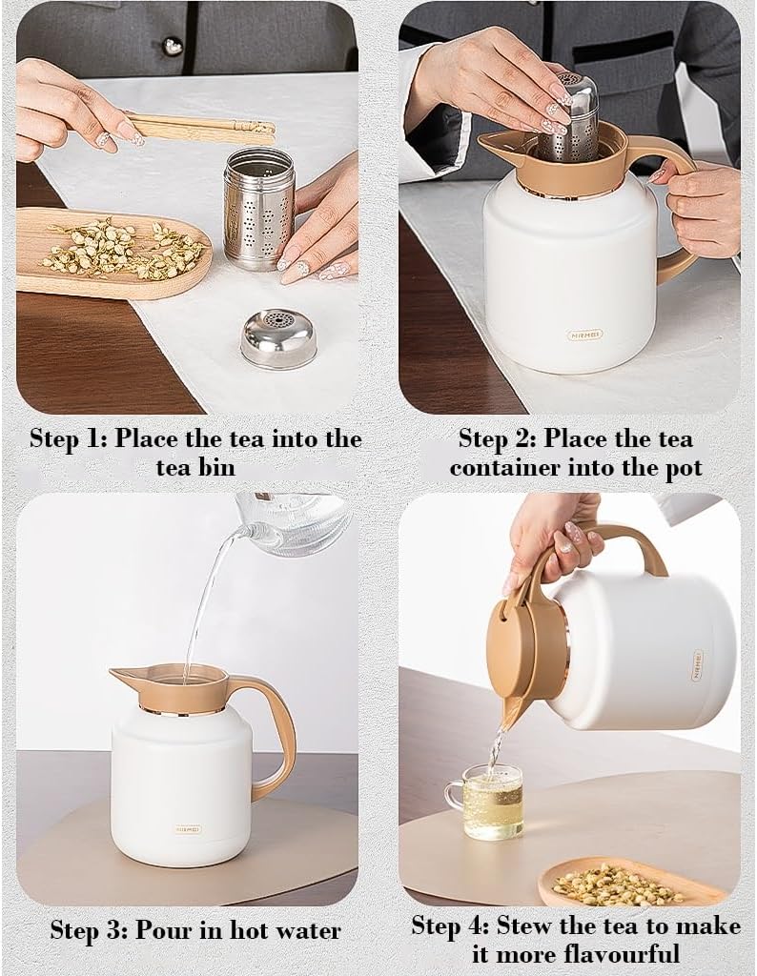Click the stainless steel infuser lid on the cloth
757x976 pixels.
pyautogui.click(x=277, y=337)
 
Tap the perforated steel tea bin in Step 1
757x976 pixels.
pyautogui.click(x=259, y=208)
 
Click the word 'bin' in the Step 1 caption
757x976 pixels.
pyautogui.click(x=214, y=467)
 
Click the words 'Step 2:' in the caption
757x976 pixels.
pyautogui.click(x=497, y=438)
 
